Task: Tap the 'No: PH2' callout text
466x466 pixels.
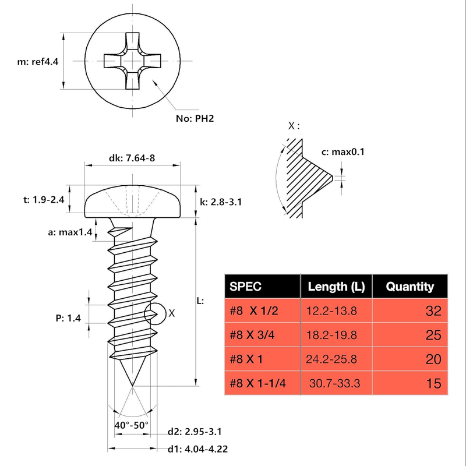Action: (x=196, y=119)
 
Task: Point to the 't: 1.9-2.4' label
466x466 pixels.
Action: (x=43, y=199)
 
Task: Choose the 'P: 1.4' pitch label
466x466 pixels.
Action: (x=69, y=317)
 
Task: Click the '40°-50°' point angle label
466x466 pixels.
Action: (x=132, y=425)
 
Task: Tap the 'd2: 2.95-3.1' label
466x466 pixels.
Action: (x=194, y=432)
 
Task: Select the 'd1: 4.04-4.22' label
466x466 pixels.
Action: (x=197, y=449)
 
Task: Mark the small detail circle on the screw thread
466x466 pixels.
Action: (x=154, y=313)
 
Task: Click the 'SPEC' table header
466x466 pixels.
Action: (x=246, y=286)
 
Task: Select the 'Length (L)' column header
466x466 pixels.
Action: (x=336, y=286)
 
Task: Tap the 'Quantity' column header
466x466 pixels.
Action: (x=411, y=286)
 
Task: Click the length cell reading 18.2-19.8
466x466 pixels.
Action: (x=331, y=335)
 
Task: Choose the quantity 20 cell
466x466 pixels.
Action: (x=433, y=359)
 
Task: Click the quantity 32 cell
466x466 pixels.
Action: (x=433, y=311)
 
